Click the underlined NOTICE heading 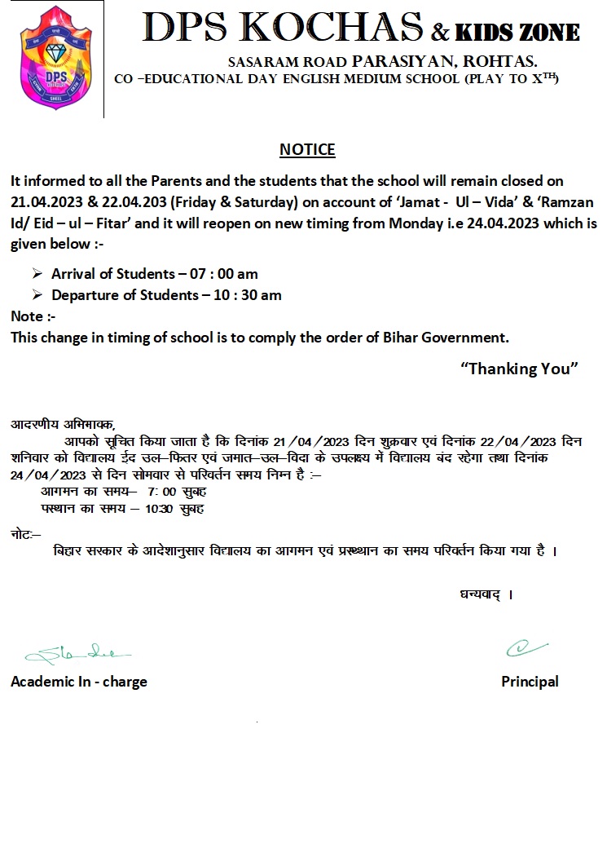tap(307, 150)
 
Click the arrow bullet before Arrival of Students tap(37, 274)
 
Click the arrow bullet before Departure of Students tap(37, 295)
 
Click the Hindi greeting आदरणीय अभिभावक tap(63, 424)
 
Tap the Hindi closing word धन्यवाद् tap(481, 594)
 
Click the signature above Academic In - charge tap(78, 653)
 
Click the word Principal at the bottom tap(530, 682)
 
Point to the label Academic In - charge tap(79, 682)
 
